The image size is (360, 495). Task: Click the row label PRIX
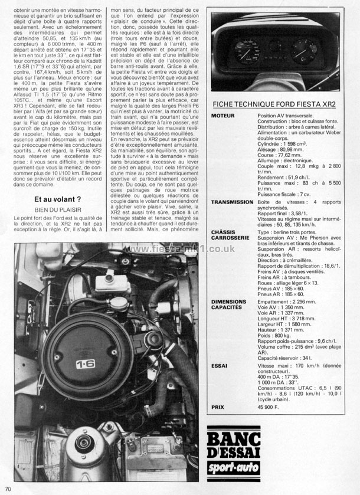[219, 407]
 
